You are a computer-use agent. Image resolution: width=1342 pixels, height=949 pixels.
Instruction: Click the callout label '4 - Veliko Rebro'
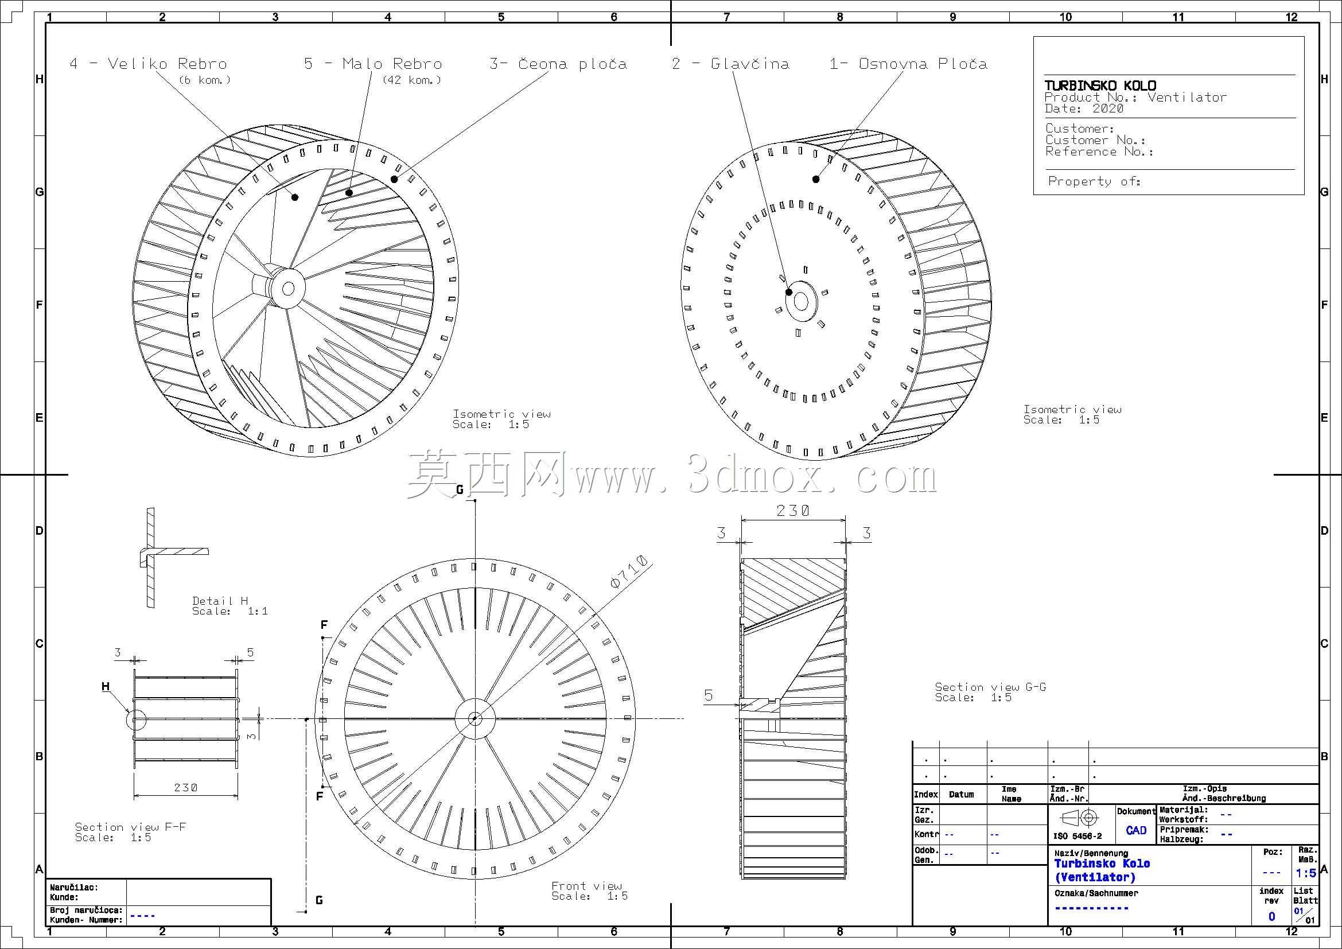pyautogui.click(x=149, y=64)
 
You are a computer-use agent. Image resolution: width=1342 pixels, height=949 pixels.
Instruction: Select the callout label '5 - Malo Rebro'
pyautogui.click(x=373, y=64)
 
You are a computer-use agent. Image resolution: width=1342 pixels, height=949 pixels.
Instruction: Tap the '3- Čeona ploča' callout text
pyautogui.click(x=558, y=64)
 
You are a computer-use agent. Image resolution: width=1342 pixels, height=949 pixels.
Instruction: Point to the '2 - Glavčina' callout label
pyautogui.click(x=730, y=64)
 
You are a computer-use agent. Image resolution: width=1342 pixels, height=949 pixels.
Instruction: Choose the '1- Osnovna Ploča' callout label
pyautogui.click(x=908, y=64)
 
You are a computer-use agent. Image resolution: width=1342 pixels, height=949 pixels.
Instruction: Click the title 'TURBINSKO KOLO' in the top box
pyautogui.click(x=1100, y=85)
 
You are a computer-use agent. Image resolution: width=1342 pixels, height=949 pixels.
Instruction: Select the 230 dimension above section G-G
pyautogui.click(x=792, y=511)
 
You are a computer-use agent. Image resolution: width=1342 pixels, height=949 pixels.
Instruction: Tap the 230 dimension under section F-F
pyautogui.click(x=186, y=788)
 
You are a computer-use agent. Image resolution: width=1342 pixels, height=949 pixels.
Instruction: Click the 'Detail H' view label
pyautogui.click(x=220, y=601)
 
